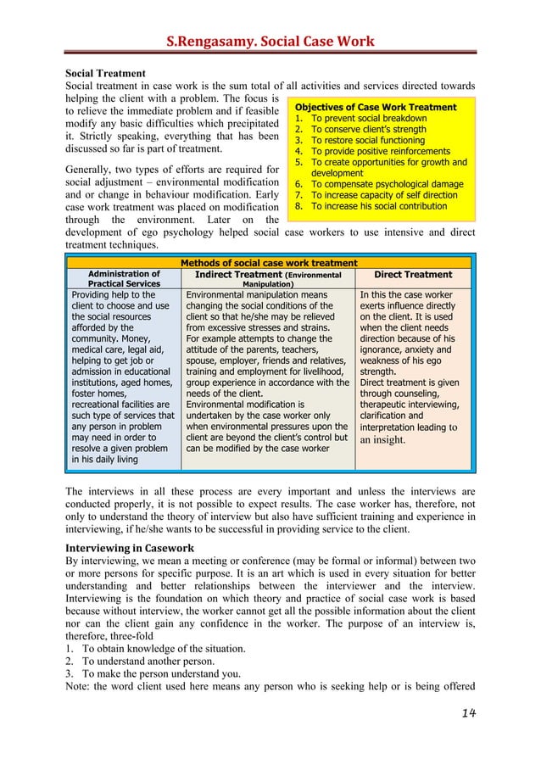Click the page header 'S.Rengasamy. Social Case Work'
tap(270, 42)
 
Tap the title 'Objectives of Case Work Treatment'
tap(375, 108)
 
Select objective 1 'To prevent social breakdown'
tap(369, 119)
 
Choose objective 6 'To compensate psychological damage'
tap(387, 184)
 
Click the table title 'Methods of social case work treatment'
tap(270, 263)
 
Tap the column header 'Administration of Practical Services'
tap(125, 279)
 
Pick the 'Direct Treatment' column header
tap(414, 275)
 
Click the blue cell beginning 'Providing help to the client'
tap(125, 377)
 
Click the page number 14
tap(464, 712)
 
